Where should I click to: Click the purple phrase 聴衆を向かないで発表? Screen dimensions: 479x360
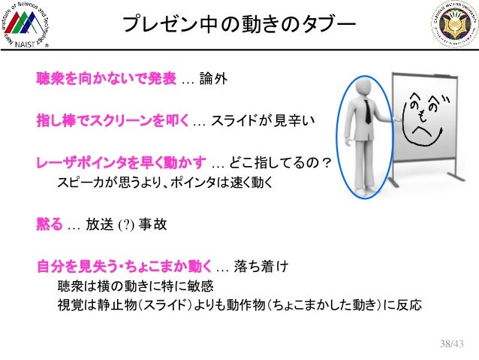(x=106, y=78)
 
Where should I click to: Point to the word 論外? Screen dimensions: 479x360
(x=212, y=79)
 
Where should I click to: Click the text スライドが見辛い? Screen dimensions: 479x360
(x=260, y=120)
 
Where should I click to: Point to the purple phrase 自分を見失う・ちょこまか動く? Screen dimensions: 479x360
(x=125, y=266)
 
